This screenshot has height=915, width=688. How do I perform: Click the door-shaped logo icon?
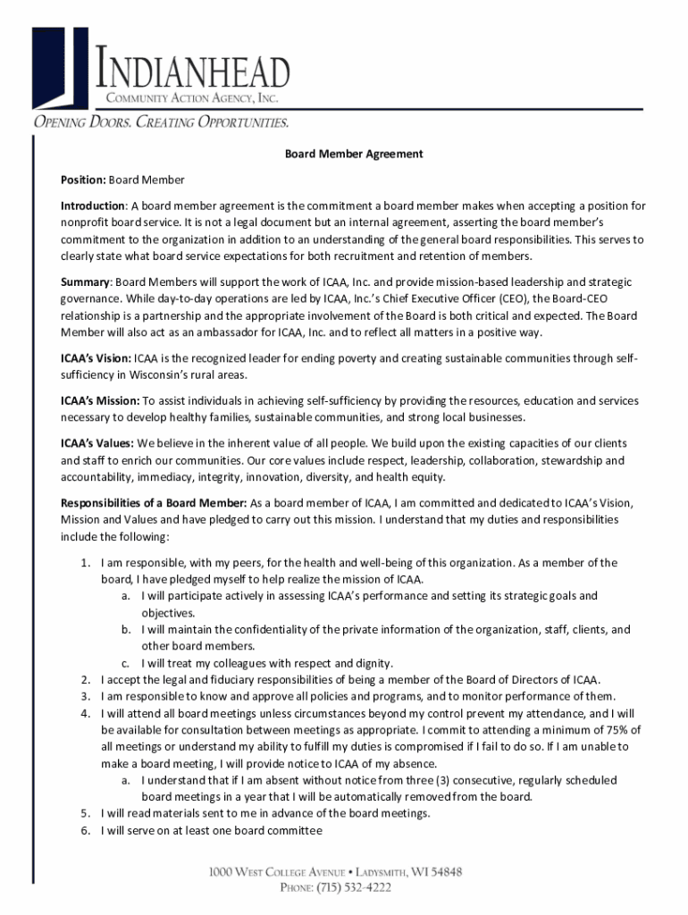(x=62, y=66)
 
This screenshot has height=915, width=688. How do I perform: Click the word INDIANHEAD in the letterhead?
(x=193, y=72)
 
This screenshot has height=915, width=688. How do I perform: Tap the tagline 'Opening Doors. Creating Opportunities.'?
(x=161, y=122)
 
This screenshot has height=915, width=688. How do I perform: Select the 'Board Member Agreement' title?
(x=354, y=154)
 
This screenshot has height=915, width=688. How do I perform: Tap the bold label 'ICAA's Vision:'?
(x=96, y=358)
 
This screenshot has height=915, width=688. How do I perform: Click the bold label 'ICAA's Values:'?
(x=97, y=443)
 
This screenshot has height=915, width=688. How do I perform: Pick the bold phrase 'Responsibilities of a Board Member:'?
(x=153, y=502)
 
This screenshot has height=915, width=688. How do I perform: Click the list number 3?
(x=83, y=697)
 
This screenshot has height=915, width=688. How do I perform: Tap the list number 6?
(x=83, y=831)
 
